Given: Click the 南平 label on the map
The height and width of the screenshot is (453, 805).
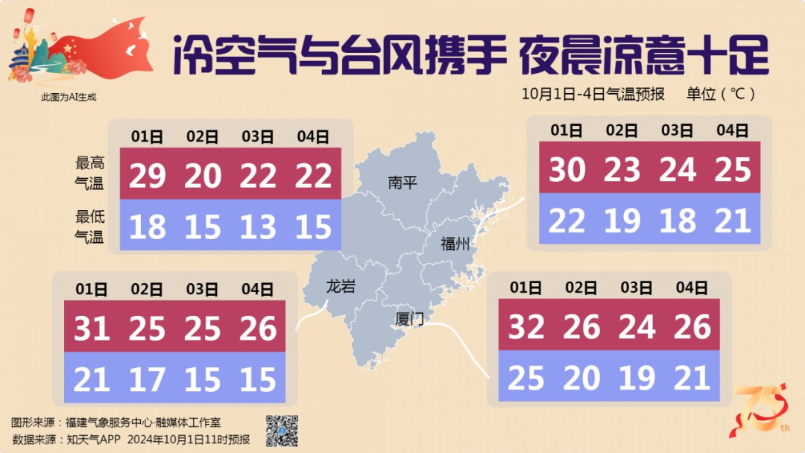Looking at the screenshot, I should (x=403, y=183).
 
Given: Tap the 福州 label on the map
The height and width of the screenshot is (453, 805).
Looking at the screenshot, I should (x=455, y=244).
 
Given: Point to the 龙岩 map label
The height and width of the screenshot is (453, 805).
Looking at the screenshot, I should (x=341, y=286).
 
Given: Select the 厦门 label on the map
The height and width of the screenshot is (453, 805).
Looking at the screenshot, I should (x=409, y=320).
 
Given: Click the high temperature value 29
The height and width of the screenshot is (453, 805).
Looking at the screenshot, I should (x=148, y=176).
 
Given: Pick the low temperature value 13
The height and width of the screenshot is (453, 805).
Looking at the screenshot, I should (x=258, y=226).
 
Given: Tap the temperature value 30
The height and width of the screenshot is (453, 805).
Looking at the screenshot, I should (x=567, y=171).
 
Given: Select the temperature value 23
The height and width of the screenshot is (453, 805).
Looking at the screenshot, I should (x=622, y=171).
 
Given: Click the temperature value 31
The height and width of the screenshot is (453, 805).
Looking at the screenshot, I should (x=92, y=328).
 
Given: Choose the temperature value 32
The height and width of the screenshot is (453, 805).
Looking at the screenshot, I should (x=526, y=326).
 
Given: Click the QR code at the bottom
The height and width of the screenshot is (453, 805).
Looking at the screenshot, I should (x=282, y=431).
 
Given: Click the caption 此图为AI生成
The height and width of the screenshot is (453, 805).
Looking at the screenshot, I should (x=69, y=96).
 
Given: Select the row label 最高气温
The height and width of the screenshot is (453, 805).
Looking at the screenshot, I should (x=89, y=172).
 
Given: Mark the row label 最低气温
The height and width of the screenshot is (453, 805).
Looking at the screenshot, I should (x=89, y=227).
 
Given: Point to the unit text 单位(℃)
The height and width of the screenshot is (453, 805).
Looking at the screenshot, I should (x=721, y=94).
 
